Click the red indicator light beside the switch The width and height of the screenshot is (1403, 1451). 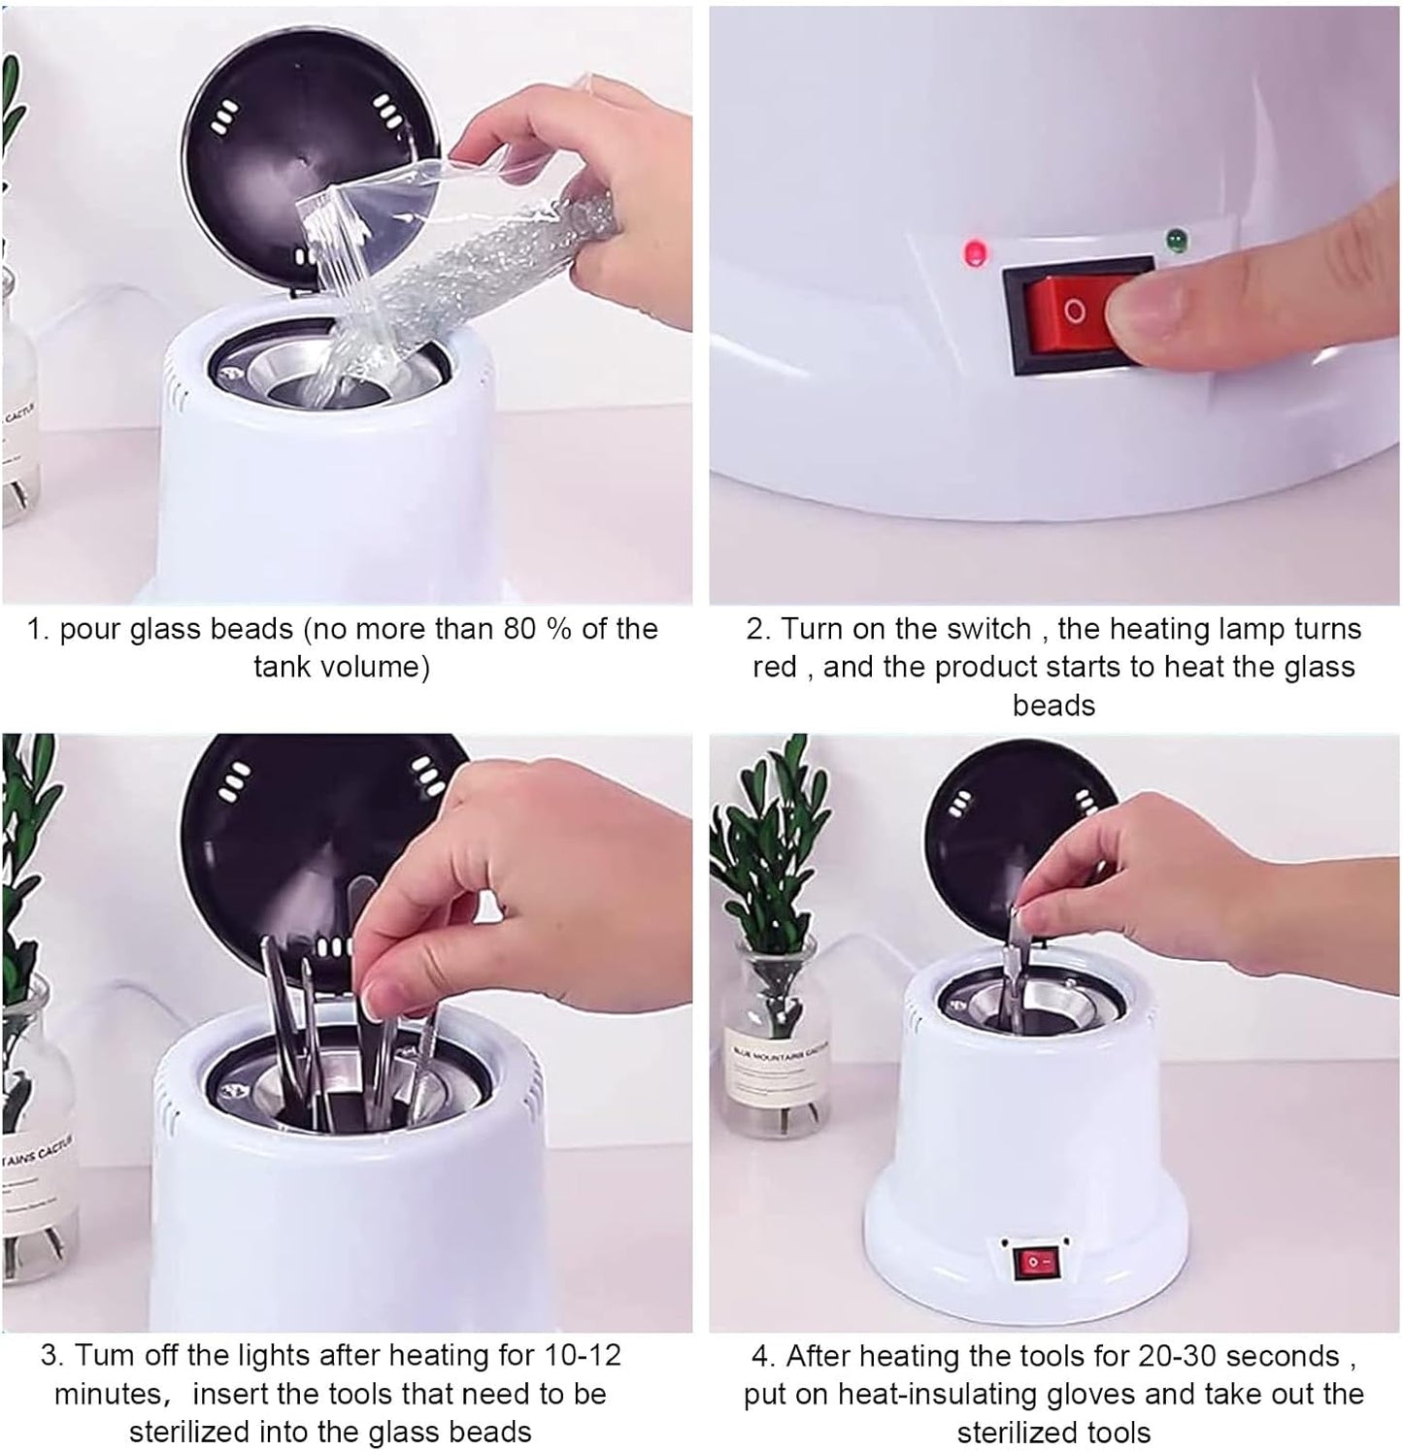tap(974, 254)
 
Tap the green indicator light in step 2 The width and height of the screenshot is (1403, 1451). tap(1179, 238)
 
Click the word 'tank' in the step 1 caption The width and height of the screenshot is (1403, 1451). tap(283, 668)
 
